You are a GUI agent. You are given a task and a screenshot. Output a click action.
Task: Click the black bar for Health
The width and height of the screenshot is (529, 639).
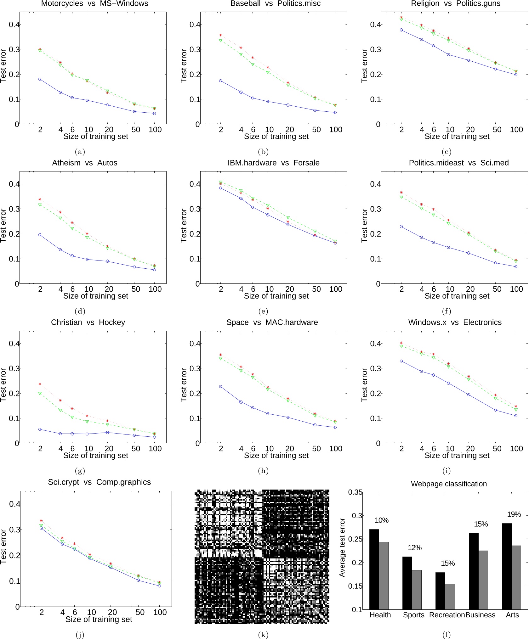[374, 569]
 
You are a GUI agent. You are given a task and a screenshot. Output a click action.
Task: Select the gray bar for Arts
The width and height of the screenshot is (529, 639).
[516, 577]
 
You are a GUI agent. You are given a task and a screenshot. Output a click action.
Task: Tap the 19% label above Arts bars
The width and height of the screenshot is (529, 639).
[514, 514]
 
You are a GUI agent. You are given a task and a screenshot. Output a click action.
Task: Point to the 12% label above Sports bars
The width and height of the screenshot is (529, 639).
[415, 548]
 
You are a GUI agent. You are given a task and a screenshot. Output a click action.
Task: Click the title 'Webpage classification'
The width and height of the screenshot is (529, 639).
[449, 484]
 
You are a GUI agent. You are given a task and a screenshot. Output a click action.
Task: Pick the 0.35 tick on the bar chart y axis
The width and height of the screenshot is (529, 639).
[355, 492]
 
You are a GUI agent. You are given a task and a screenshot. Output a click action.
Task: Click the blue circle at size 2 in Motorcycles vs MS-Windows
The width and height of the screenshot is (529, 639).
[40, 79]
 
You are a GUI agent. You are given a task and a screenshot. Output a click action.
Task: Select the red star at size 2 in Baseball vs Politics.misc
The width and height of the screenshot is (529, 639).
[220, 35]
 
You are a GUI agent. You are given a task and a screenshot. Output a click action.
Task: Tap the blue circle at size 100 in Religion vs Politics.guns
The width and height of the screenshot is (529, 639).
[516, 75]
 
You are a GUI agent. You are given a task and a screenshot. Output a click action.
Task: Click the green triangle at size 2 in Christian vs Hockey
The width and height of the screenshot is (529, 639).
[40, 394]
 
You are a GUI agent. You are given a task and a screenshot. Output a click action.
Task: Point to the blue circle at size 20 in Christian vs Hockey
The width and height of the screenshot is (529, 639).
[107, 433]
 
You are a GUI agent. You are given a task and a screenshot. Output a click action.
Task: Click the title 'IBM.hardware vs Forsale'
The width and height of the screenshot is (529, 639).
[273, 163]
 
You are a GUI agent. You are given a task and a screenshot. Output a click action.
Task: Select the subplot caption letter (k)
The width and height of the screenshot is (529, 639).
[263, 635]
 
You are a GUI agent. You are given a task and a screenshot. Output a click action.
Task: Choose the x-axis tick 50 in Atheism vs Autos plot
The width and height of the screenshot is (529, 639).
[136, 289]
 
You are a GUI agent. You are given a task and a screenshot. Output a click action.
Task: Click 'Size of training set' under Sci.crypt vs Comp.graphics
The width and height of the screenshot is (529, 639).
[99, 619]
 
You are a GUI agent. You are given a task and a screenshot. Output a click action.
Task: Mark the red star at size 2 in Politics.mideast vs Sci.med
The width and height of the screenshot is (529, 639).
[401, 192]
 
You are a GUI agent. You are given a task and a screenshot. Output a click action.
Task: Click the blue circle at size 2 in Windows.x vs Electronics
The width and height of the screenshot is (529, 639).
[401, 361]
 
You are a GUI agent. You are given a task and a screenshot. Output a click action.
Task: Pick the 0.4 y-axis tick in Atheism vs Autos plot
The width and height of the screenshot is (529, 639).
[14, 184]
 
